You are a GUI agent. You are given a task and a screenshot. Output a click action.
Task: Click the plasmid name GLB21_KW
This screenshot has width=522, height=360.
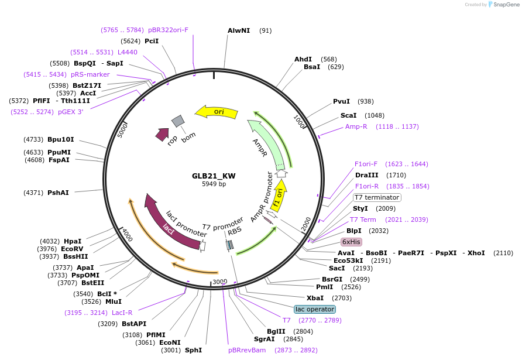click(214, 176)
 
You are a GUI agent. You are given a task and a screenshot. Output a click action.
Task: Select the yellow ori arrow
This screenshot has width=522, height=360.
click(217, 112)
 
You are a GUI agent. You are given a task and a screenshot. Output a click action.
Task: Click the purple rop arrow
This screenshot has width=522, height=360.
click(162, 135)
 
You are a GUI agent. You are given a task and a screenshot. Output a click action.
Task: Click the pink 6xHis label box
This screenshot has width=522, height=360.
click(351, 242)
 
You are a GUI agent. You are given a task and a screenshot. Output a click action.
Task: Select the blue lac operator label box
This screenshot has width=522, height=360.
click(315, 309)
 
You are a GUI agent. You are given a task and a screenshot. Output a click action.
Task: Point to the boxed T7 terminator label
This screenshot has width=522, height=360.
click(377, 197)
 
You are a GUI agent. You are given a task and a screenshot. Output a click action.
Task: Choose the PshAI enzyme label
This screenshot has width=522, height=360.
click(58, 193)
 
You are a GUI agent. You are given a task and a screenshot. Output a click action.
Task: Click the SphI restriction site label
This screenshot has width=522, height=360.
click(193, 350)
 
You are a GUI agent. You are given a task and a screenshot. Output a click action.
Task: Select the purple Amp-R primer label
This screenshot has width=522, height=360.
click(356, 126)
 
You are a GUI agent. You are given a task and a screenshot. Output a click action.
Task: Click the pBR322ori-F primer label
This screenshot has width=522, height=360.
click(169, 29)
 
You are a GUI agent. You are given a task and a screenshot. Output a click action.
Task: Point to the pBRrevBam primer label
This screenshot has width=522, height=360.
click(247, 350)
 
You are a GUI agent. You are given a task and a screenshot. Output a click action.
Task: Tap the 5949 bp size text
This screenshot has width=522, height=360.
click(214, 184)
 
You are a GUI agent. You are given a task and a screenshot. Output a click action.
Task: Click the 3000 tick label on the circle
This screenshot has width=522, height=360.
click(219, 282)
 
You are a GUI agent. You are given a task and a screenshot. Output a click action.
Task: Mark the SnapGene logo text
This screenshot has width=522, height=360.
click(503, 5)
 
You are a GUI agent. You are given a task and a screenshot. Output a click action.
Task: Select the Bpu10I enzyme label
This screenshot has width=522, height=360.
click(61, 139)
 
